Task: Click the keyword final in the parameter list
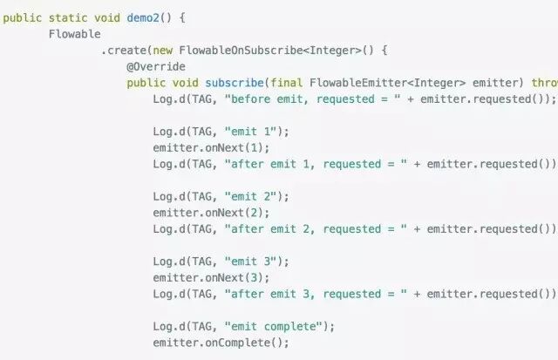coord(287,83)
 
